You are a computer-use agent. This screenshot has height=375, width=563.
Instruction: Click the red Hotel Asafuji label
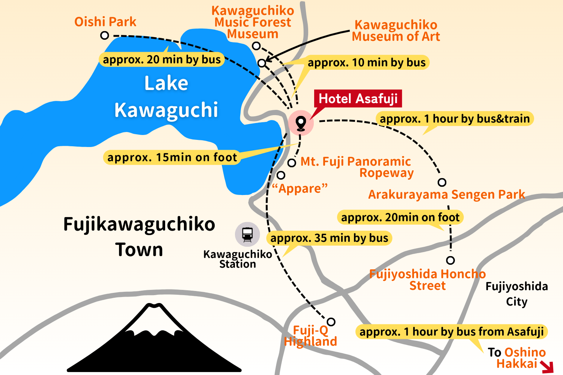[x=358, y=99]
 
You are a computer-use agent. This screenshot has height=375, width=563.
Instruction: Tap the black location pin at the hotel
[x=301, y=123]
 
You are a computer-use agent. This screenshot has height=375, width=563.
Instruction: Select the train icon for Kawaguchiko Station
[x=247, y=234]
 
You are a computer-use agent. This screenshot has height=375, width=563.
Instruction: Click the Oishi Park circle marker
[x=105, y=35]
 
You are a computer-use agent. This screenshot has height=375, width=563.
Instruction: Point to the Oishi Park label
[x=105, y=22]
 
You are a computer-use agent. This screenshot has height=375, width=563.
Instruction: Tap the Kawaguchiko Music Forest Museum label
[x=253, y=22]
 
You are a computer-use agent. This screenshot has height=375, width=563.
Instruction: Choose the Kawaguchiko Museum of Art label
[x=396, y=31]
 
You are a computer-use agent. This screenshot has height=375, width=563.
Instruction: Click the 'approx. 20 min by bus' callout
[x=162, y=60]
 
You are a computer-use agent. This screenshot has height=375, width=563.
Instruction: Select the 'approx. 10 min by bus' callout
[x=366, y=63]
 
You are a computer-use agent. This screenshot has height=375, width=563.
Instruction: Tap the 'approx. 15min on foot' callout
[x=172, y=157]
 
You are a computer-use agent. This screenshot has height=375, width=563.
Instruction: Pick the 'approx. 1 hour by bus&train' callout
[x=455, y=119]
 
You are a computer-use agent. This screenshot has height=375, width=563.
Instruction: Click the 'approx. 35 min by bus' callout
[x=329, y=238]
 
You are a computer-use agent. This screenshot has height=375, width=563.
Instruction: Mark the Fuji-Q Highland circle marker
[x=331, y=322]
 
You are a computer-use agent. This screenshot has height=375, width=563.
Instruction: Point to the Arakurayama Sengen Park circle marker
[x=442, y=182]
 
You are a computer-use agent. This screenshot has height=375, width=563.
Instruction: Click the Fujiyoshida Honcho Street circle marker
[x=450, y=260]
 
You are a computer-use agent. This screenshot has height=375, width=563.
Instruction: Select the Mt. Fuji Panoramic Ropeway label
[x=356, y=167]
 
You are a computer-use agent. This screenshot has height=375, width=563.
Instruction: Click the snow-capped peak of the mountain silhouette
[x=154, y=315]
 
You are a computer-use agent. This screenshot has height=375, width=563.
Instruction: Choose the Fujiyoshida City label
[x=516, y=294]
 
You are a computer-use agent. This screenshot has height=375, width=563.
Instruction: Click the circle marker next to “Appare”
[x=281, y=175]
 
